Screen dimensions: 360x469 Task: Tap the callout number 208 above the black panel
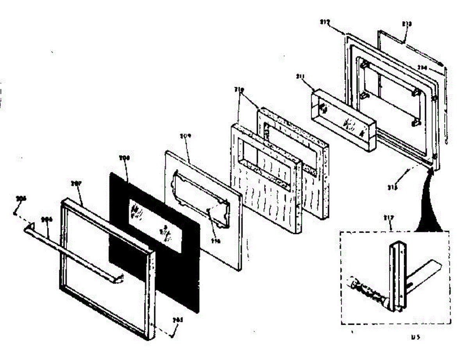pyautogui.click(x=125, y=158)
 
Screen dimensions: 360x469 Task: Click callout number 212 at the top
pyautogui.click(x=324, y=22)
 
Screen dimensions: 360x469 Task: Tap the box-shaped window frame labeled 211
pyautogui.click(x=344, y=121)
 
